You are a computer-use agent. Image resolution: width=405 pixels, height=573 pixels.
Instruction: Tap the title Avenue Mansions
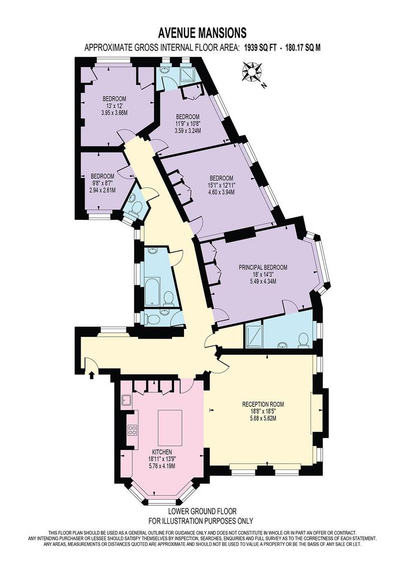pos(202,33)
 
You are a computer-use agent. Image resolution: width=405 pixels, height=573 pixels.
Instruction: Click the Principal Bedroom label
pos(263,267)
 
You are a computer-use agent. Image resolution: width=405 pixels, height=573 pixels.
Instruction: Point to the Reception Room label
pos(263,404)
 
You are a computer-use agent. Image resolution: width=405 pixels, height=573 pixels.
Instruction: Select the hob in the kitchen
pos(132,430)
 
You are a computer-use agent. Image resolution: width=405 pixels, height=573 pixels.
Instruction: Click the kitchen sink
pos(126,401)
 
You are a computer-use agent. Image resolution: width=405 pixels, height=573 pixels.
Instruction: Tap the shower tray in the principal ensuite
pos(253,336)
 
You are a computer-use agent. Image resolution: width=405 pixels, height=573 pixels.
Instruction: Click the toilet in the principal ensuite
pos(304,340)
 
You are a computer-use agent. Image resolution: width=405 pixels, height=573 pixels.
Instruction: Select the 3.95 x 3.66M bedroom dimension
pos(114,113)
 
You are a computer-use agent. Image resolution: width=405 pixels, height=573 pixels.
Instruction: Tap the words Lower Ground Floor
pos(202,511)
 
